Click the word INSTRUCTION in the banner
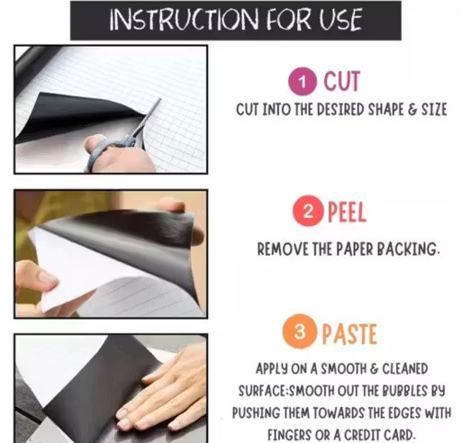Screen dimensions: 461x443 pyautogui.click(x=184, y=20)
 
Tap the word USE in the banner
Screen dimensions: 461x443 pyautogui.click(x=340, y=20)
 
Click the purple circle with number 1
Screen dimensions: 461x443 pyautogui.click(x=303, y=81)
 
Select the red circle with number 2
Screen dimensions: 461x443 pyautogui.click(x=308, y=211)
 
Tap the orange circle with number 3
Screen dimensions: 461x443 pyautogui.click(x=300, y=331)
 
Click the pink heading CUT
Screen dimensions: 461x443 pyautogui.click(x=342, y=81)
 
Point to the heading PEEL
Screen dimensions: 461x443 pyautogui.click(x=347, y=212)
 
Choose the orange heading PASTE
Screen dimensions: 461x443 pyautogui.click(x=349, y=334)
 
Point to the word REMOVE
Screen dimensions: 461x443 pyautogui.click(x=283, y=249)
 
